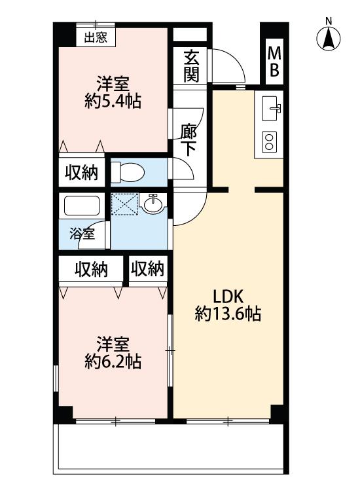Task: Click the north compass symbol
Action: (329, 39)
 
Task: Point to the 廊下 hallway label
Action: (189, 138)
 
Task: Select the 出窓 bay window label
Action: (96, 37)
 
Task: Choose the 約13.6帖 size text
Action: (228, 314)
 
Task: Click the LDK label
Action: (228, 295)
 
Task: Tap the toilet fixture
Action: (128, 173)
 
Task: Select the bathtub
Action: (82, 207)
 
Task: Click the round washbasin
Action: (153, 204)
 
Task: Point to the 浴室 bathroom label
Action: (82, 232)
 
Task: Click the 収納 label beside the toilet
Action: (81, 173)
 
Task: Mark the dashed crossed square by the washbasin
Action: (124, 205)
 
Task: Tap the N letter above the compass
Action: (329, 21)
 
